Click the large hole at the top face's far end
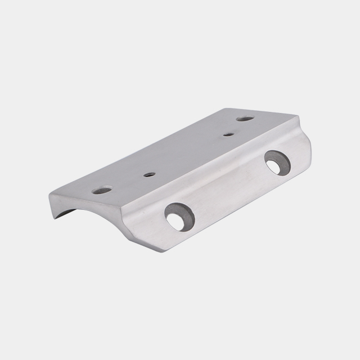pos(244,119)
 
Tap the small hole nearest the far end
pos(227,134)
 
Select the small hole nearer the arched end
pos(148,174)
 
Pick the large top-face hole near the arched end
pos(102,190)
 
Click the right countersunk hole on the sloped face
pos(277,162)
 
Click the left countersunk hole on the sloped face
pos(179,217)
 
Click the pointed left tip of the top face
pos(50,195)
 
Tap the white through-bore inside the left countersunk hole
pos(176,222)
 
